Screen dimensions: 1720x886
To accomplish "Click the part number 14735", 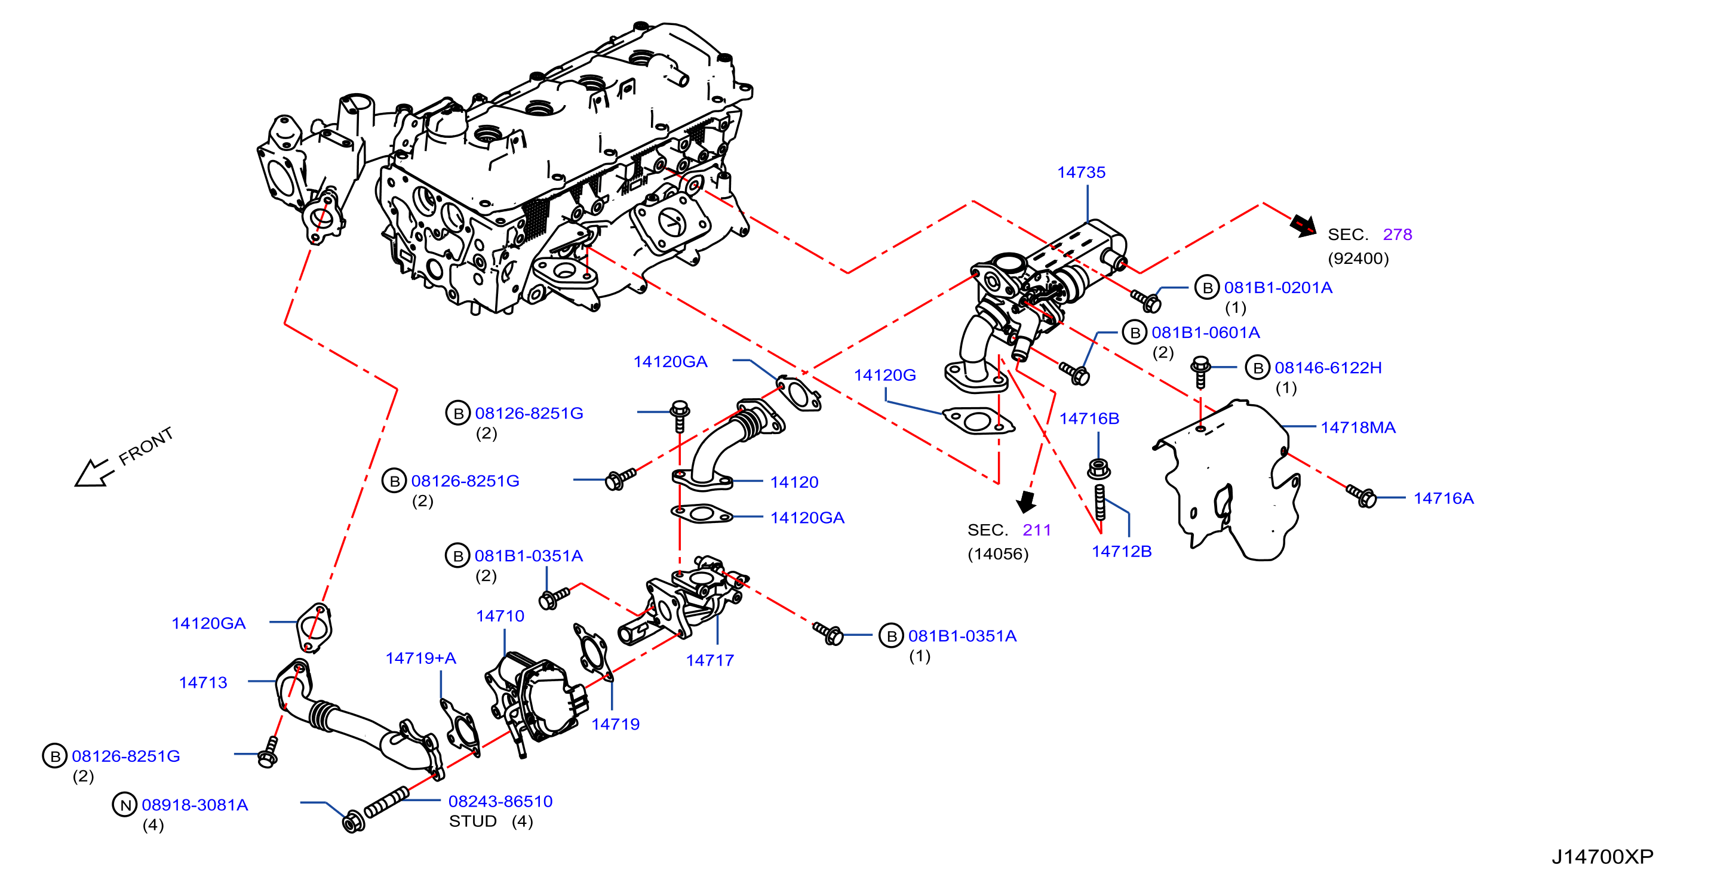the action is click(x=1081, y=173).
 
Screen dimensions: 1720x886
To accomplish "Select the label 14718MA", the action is click(x=1358, y=427).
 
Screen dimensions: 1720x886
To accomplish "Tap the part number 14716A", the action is click(x=1443, y=498).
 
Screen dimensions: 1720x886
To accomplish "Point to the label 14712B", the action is click(x=1122, y=552).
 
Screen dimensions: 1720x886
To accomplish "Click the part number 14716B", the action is click(x=1089, y=419).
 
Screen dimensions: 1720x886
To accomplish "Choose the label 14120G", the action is click(x=884, y=375).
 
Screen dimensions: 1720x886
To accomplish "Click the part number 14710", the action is click(x=500, y=616).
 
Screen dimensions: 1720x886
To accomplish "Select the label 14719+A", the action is click(x=420, y=659).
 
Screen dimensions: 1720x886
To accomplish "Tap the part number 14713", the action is click(x=203, y=682).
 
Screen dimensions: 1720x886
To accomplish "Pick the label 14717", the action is click(x=709, y=660).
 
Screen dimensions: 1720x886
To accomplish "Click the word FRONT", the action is click(x=146, y=446).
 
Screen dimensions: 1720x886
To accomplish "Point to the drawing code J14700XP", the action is click(x=1602, y=857).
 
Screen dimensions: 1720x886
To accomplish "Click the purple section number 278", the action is click(x=1397, y=235).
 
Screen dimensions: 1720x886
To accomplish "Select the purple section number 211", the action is click(x=1037, y=530).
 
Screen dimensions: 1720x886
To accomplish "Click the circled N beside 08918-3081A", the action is click(x=125, y=805).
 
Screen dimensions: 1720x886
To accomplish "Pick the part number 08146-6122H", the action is click(x=1328, y=368).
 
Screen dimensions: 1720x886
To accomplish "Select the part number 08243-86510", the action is click(x=500, y=801).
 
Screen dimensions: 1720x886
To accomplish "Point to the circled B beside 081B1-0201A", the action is click(x=1206, y=288).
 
